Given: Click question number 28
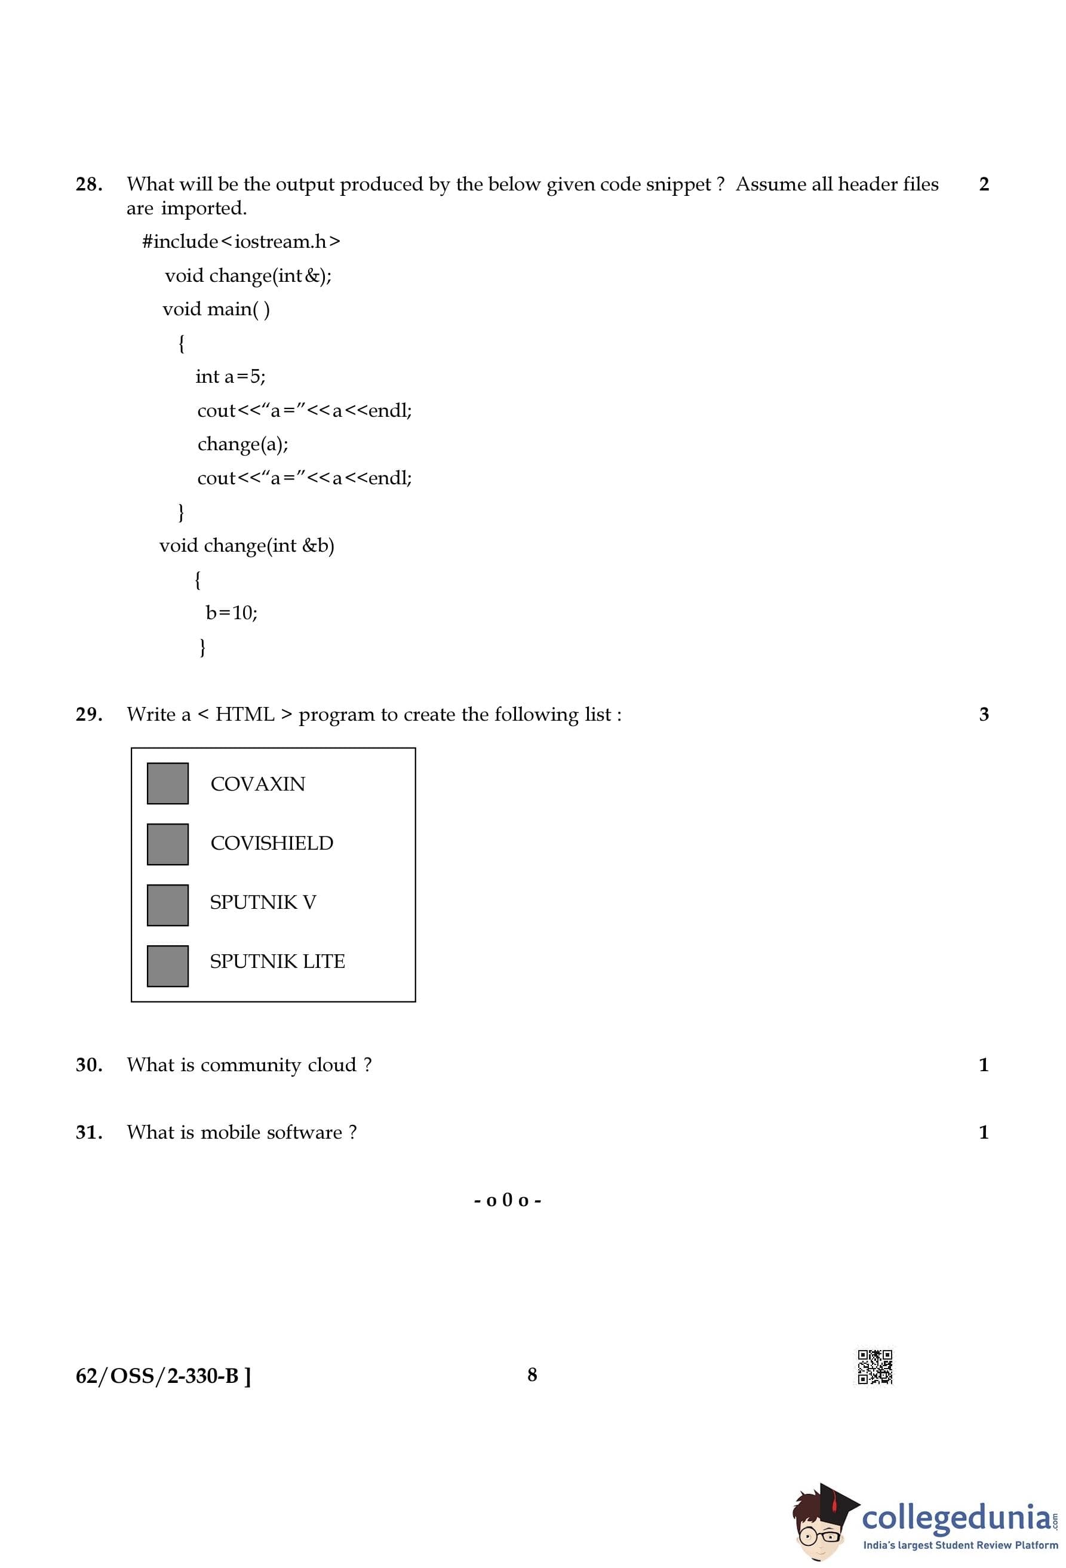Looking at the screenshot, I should point(89,184).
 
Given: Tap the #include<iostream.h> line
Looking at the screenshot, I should point(241,242).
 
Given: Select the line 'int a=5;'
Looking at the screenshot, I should point(230,377).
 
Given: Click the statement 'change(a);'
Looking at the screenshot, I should point(242,444).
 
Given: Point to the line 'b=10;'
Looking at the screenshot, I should point(232,613).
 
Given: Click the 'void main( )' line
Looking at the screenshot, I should point(216,309).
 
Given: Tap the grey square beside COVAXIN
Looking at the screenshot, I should point(167,783).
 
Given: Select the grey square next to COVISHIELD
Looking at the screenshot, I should point(167,843).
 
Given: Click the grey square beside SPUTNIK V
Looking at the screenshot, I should point(167,904).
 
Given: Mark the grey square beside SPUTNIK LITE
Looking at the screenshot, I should point(167,966).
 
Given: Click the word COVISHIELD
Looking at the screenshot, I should point(271,843).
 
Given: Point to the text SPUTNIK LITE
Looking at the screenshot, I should point(277,961).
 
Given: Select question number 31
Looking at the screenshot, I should point(89,1132).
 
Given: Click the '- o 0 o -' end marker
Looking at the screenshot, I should point(508,1200).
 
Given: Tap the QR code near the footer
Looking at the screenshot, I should point(874,1367).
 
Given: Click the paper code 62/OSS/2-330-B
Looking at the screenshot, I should point(162,1376).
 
